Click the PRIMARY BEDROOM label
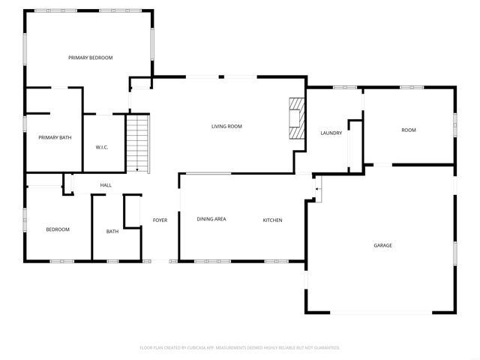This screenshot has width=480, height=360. (90, 58)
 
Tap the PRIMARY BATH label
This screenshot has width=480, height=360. (55, 137)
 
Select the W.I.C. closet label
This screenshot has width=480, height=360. (102, 147)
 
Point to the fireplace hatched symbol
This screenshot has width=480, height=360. (298, 118)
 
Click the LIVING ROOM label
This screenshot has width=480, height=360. (226, 126)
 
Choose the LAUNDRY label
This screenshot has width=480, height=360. (331, 133)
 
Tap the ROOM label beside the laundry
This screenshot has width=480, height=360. (408, 130)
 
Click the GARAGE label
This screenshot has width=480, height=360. (383, 245)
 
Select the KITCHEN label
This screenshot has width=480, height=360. (272, 220)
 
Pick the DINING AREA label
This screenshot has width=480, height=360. (211, 219)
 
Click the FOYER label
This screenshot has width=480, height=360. (160, 220)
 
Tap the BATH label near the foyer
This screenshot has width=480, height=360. (112, 232)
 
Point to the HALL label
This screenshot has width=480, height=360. (106, 184)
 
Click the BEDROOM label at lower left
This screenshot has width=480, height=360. (58, 229)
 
